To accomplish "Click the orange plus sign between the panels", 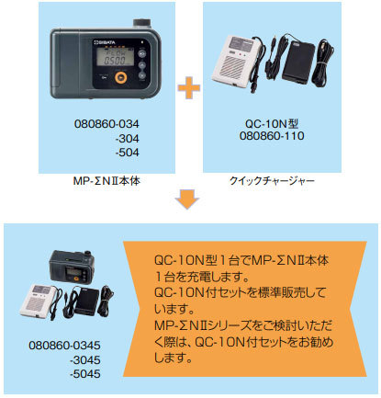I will [189, 89].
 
